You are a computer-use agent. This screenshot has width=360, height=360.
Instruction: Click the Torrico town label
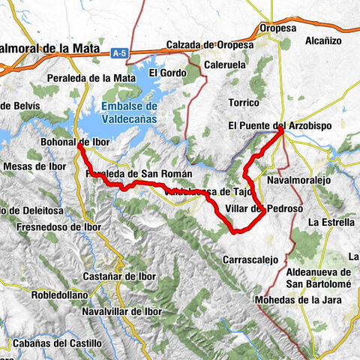click(x=244, y=101)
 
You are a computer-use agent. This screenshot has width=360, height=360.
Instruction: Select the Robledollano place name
click(x=60, y=295)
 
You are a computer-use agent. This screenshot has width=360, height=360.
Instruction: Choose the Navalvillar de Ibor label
click(x=123, y=310)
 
